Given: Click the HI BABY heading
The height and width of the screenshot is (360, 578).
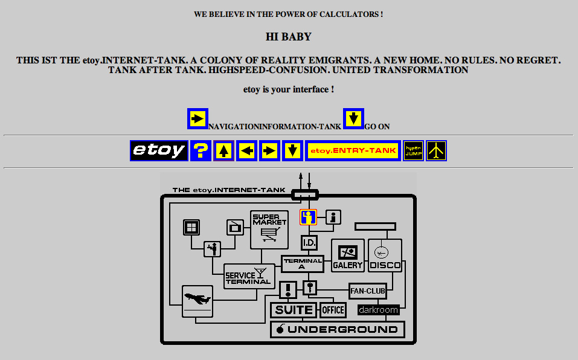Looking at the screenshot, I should click(289, 37).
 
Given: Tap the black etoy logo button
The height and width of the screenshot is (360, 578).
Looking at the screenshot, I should click(159, 150).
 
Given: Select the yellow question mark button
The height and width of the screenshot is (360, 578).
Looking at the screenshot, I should click(201, 150).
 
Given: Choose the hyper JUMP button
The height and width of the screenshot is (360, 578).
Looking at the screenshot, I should click(413, 150).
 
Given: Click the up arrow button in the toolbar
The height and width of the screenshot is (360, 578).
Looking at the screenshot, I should click(223, 150).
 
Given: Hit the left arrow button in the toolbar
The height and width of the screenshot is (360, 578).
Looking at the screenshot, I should click(246, 150).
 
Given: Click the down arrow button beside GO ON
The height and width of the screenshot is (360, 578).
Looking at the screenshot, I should click(353, 119).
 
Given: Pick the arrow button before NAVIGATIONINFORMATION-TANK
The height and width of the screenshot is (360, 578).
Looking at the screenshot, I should click(197, 119).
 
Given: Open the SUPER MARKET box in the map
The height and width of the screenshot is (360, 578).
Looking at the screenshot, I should click(269, 229).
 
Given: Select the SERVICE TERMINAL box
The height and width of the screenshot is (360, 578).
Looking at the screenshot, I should click(249, 276).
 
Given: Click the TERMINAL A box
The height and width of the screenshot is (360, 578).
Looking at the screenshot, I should click(302, 264).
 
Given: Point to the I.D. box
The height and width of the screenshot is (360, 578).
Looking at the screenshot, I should click(309, 243).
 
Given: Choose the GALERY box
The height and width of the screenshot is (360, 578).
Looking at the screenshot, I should click(348, 256).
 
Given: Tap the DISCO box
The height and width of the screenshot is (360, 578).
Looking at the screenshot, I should click(385, 256).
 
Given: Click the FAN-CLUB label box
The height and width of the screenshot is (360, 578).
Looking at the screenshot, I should click(367, 291).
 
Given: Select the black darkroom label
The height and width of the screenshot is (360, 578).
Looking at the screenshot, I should click(378, 310).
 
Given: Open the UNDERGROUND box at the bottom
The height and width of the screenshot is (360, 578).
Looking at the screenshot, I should click(337, 329).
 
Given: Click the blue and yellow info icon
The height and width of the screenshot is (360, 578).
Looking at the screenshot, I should click(309, 217).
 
